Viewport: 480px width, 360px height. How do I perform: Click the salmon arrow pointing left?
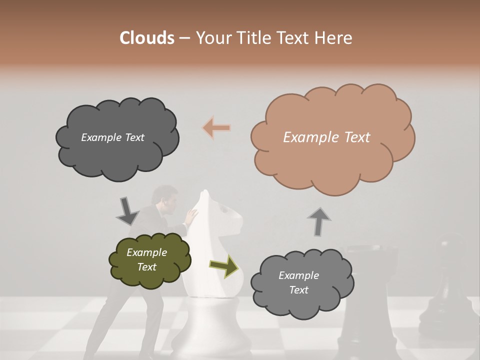[x=216, y=128]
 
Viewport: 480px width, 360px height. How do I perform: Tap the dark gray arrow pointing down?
[x=127, y=211]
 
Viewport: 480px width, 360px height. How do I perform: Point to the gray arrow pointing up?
[x=319, y=221]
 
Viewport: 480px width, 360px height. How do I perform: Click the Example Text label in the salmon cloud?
[x=326, y=137]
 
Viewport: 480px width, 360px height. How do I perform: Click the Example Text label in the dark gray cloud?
[x=112, y=137]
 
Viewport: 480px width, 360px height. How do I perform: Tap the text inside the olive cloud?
[x=147, y=259]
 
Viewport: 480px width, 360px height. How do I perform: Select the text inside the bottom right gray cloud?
[x=299, y=282]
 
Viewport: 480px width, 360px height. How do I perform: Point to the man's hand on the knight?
[x=190, y=216]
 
